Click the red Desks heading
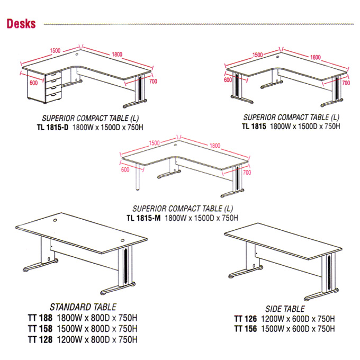click(x=21, y=24)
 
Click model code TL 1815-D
click(x=53, y=127)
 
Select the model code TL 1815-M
click(x=143, y=218)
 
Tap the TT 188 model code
click(x=40, y=318)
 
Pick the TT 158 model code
click(x=40, y=329)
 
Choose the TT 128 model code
click(x=40, y=339)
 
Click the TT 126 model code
click(x=246, y=319)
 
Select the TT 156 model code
click(x=246, y=329)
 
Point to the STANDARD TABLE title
click(x=83, y=307)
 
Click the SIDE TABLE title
click(x=285, y=309)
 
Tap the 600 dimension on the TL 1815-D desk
click(x=34, y=83)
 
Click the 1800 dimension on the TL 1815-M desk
click(x=215, y=146)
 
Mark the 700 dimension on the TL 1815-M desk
click(x=247, y=173)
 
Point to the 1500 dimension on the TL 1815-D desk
click(x=56, y=50)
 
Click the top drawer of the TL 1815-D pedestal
click(x=53, y=75)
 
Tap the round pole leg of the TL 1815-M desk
click(x=138, y=177)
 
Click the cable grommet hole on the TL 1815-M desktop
click(x=175, y=145)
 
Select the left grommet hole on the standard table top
click(x=56, y=220)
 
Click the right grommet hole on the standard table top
click(x=122, y=240)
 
